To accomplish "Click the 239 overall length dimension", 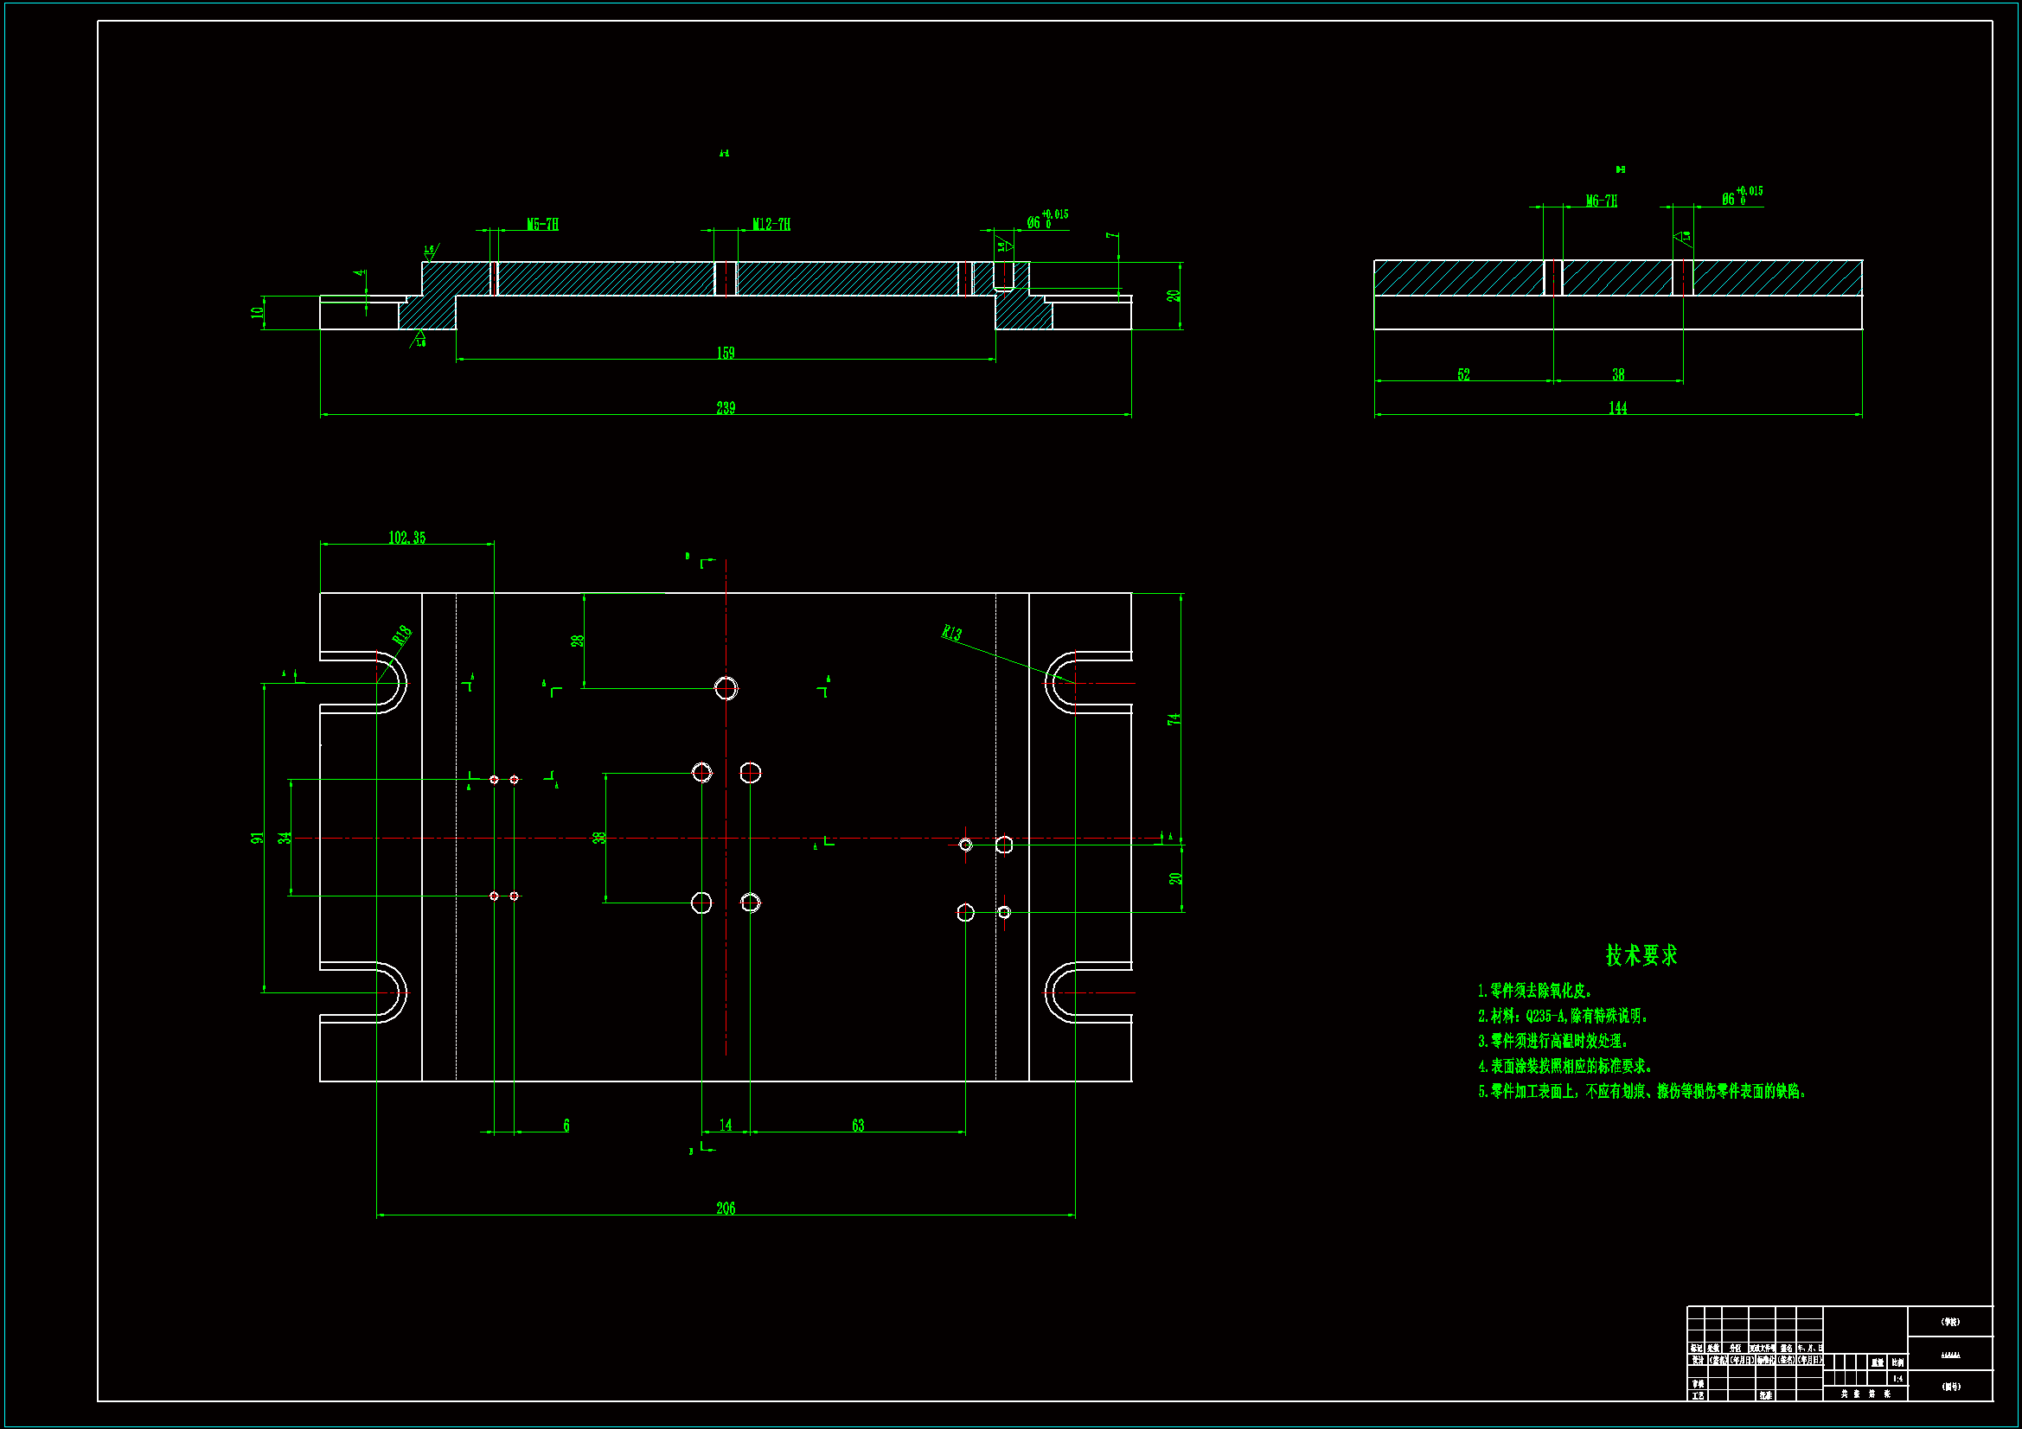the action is (725, 408).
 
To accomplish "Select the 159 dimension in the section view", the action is (725, 353).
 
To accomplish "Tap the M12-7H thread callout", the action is (771, 225).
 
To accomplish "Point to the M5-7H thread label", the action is (542, 225).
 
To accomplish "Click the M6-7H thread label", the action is (1601, 201).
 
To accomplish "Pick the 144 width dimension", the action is (1617, 408).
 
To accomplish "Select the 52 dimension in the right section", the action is (1463, 374).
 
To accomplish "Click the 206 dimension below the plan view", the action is (725, 1208).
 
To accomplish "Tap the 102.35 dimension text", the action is (406, 537).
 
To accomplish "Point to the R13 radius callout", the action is (952, 633).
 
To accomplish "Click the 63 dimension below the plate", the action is (858, 1126).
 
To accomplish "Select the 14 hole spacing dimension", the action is (725, 1125).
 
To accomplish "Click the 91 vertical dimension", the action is (257, 838).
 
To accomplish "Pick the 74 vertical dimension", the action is (1173, 719).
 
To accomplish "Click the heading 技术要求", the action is (1641, 955).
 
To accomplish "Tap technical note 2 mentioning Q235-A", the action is (1562, 1016).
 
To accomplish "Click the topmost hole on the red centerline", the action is (726, 687).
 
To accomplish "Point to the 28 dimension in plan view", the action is (578, 640).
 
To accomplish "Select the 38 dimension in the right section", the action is (1618, 374).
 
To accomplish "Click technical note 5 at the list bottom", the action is (1641, 1092).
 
